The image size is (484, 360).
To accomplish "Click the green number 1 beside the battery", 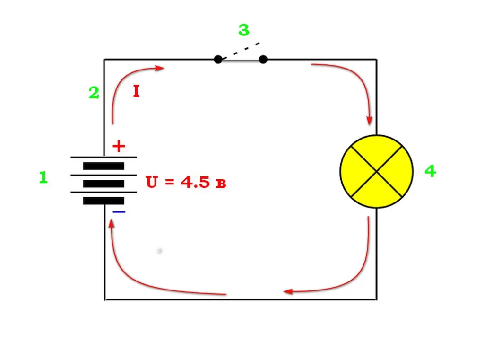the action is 43,177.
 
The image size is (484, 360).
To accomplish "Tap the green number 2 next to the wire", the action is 94,92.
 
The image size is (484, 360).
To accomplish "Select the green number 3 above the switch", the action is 244,30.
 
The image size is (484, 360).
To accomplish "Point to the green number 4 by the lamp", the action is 430,171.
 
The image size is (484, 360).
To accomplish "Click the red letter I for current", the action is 137,91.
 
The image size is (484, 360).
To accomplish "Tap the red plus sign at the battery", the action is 119,146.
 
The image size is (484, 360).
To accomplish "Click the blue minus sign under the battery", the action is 119,212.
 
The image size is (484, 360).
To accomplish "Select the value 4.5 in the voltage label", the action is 195,182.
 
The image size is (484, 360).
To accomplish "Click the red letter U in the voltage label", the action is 152,182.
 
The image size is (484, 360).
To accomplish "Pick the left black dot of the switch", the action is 218,59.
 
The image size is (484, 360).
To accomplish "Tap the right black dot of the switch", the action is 263,59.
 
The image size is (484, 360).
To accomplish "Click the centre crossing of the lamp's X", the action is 377,171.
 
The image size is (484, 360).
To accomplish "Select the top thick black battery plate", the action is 104,166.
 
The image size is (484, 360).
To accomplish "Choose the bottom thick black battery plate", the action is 104,201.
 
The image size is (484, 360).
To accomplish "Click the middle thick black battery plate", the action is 104,184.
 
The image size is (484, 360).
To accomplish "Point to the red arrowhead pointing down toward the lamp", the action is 369,121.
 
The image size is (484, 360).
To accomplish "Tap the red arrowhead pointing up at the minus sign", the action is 112,223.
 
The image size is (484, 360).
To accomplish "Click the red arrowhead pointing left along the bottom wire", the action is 288,291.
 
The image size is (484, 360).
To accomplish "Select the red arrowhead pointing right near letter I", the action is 159,68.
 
